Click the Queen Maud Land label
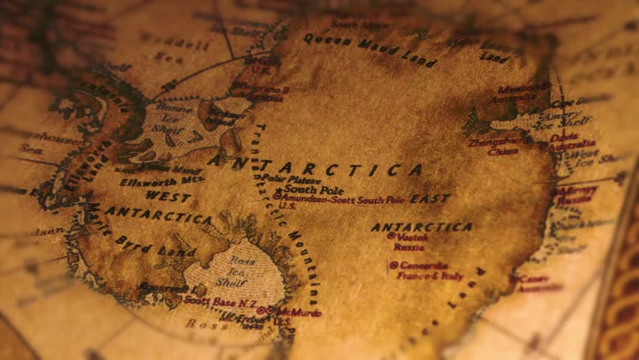(369, 50)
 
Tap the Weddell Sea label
(174, 48)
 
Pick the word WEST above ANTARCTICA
(168, 196)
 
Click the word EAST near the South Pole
(430, 199)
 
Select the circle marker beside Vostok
(391, 235)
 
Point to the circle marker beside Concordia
(393, 265)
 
